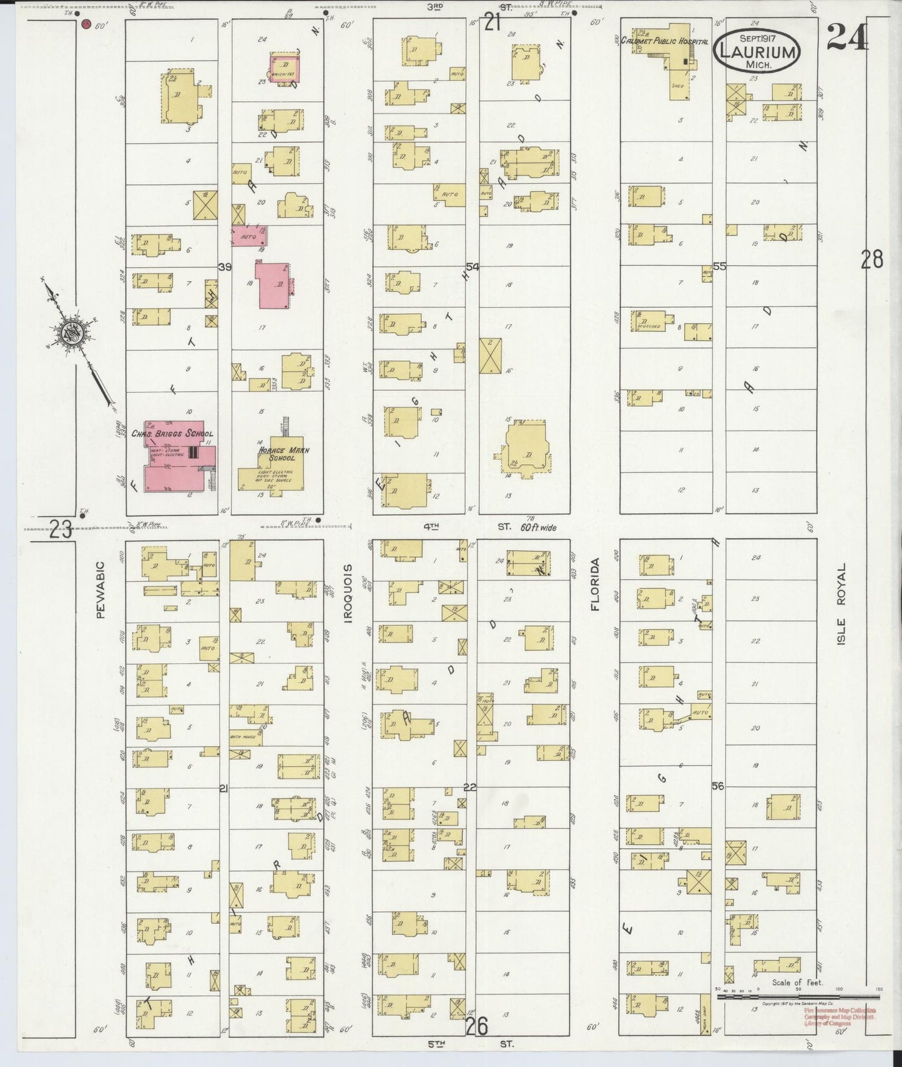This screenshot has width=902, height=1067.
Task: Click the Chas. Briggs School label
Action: (x=172, y=434)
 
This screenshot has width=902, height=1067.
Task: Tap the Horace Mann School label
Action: (x=277, y=454)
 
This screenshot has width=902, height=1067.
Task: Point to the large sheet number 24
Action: (x=846, y=38)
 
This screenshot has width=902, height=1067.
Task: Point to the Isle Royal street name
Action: (x=841, y=604)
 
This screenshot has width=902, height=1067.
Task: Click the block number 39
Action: (x=225, y=267)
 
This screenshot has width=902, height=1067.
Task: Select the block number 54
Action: (x=472, y=267)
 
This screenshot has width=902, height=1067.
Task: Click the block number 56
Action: (x=718, y=786)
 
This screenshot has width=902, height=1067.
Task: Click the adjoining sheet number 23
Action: (x=61, y=531)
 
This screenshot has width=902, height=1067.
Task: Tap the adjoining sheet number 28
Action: (x=872, y=258)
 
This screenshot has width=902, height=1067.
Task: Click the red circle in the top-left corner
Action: (x=87, y=24)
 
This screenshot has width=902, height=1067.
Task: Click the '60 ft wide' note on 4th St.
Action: (x=538, y=527)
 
